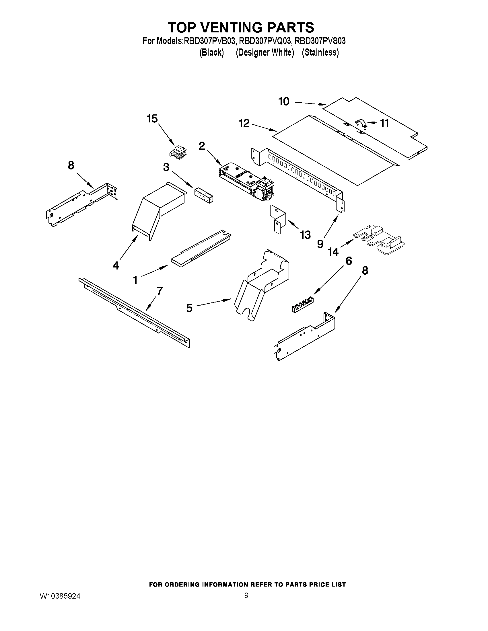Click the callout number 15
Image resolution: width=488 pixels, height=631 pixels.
point(152,118)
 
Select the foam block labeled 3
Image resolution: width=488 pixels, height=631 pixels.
point(203,194)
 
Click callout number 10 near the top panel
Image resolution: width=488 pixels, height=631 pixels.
point(284,101)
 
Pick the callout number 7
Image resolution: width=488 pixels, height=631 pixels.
point(159,291)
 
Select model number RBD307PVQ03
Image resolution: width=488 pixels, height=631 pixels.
point(264,41)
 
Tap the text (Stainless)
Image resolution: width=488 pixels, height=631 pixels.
point(320,52)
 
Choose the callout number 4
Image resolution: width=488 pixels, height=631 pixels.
point(116,265)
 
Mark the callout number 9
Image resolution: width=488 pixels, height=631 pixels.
point(320,244)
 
